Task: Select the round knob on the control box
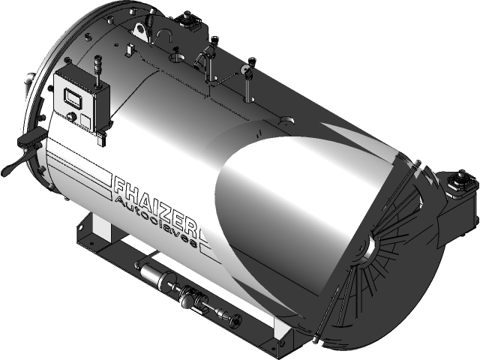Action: pos(71,116)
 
